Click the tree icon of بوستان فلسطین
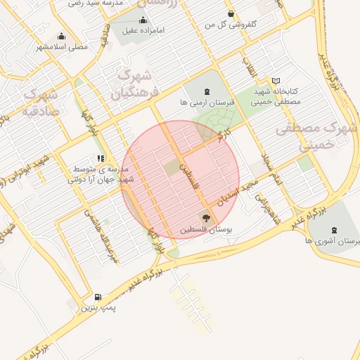(x=205, y=217)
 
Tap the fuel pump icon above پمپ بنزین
(x=97, y=297)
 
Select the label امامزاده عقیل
(x=143, y=30)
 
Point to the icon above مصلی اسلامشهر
(x=61, y=36)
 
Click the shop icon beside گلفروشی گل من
(x=231, y=13)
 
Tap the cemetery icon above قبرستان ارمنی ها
(x=207, y=91)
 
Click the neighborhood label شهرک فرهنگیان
(x=135, y=83)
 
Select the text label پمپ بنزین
(x=97, y=307)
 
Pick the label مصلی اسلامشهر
(x=63, y=47)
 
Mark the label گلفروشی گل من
(x=229, y=25)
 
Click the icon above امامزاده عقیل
(x=143, y=20)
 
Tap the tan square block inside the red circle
(x=172, y=167)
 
